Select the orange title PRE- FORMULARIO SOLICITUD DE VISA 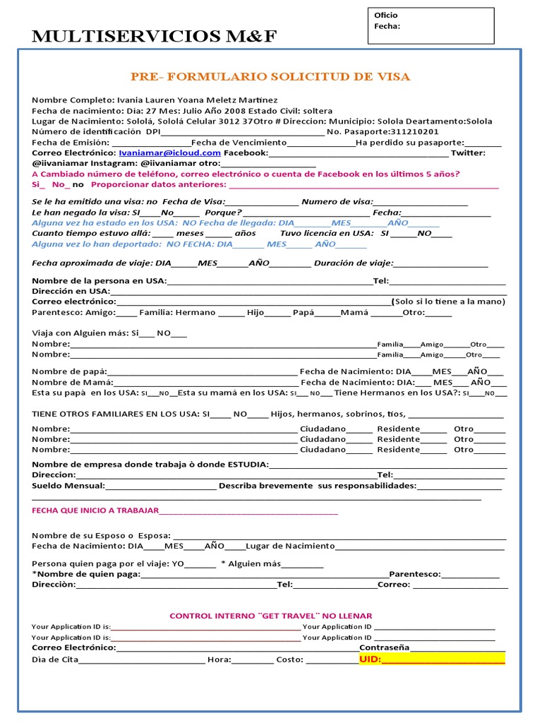click(270, 77)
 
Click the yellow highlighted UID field click(432, 659)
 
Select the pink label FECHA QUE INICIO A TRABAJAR click(95, 511)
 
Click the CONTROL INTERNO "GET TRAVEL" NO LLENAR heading click(270, 616)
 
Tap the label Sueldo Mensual click(68, 486)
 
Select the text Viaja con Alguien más click(81, 333)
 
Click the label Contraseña click(384, 647)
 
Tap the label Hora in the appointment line click(219, 659)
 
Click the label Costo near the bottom click(290, 659)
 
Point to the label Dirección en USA click(71, 291)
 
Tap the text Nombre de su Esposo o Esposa click(101, 535)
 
